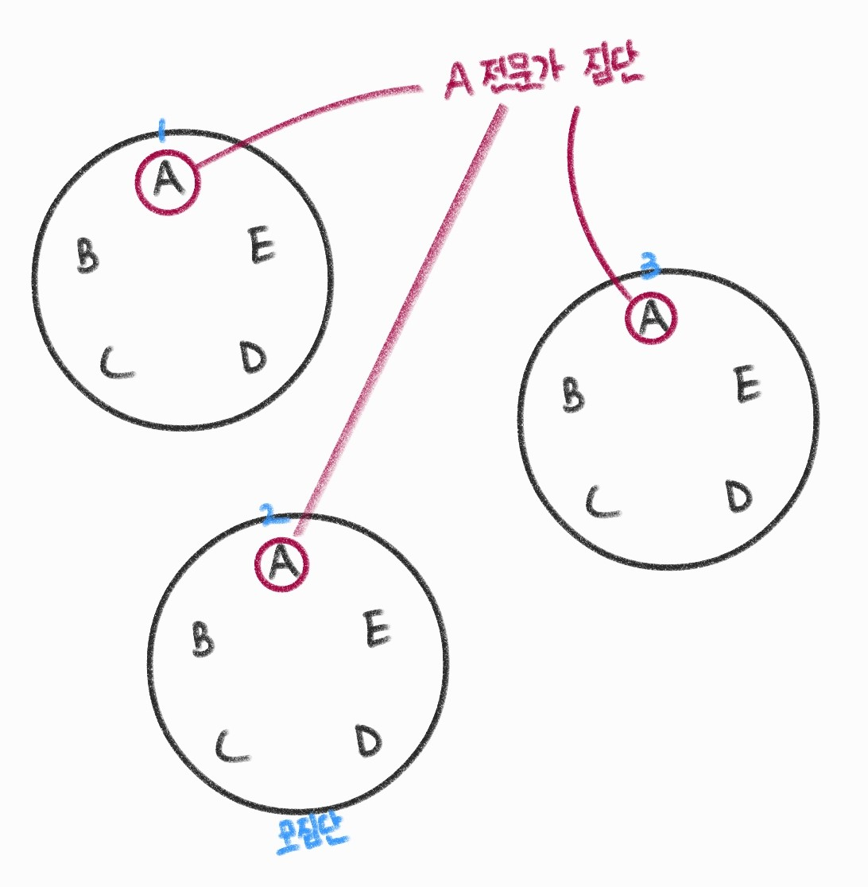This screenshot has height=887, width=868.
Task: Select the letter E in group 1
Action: (261, 245)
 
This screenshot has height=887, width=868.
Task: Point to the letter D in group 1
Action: (253, 358)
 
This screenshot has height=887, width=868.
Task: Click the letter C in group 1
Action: (117, 363)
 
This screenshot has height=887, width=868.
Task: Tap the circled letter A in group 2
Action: (281, 564)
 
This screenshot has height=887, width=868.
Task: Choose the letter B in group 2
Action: (203, 638)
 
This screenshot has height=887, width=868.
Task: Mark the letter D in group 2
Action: (368, 740)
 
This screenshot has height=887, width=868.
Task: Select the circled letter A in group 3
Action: (651, 317)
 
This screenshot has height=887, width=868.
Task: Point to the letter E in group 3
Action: (746, 385)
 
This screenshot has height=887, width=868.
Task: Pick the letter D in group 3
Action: (738, 497)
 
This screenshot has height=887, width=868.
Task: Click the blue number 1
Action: (161, 130)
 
